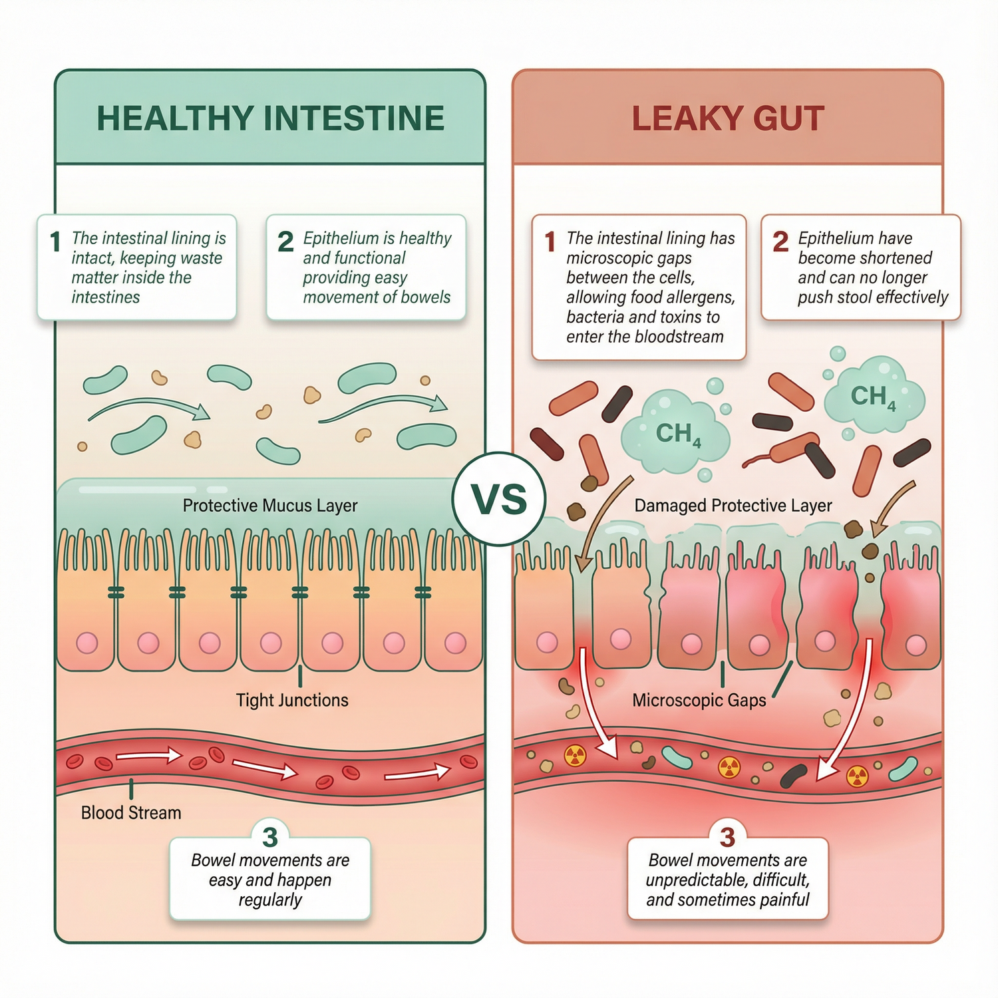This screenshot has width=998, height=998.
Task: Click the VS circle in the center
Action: point(499,500)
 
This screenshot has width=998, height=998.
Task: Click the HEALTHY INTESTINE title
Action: point(270,118)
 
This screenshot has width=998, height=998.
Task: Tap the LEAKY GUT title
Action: point(727,118)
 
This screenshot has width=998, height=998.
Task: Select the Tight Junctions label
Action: point(292,700)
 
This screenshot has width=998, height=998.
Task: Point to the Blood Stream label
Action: point(131,812)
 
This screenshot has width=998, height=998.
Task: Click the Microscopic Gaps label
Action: point(699,700)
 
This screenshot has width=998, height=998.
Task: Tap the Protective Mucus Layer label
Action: point(270,506)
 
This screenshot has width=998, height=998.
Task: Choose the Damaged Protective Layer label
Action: point(733,506)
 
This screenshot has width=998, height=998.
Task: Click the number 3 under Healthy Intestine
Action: point(269,836)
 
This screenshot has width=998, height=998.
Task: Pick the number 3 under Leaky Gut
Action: point(727,836)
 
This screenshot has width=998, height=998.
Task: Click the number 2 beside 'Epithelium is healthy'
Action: point(285,242)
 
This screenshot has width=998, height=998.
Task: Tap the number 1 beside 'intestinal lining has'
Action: point(550,242)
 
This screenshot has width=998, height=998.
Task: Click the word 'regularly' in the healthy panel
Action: point(270,900)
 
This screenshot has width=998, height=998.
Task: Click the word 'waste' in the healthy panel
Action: point(200,258)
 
